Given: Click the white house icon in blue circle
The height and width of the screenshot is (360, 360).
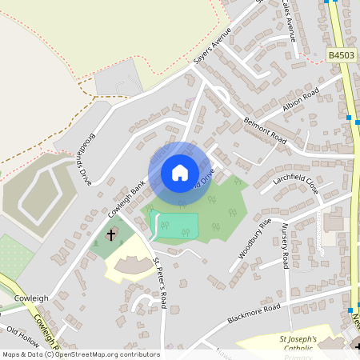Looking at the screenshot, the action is point(179,173).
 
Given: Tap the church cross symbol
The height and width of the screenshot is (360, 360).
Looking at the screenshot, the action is point(111,235).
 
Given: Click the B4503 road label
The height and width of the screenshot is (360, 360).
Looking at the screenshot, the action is point(342,55).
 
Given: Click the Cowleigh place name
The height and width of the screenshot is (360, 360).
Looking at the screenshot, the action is point(31,298).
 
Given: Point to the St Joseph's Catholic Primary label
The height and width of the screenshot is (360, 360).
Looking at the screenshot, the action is point(298,346).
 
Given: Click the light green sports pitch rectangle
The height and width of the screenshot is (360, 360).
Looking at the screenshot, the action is point(174,224).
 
